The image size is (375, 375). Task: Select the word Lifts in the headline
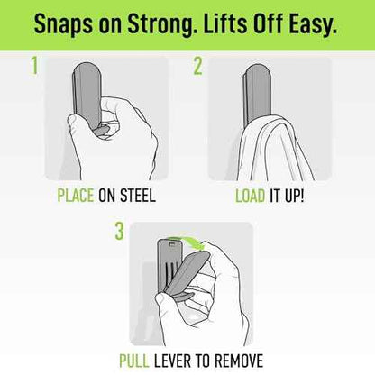[224, 23]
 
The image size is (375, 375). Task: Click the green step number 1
[34, 66]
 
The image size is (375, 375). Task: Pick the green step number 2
[197, 66]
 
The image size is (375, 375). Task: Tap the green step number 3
[119, 231]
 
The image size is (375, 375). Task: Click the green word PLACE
[76, 196]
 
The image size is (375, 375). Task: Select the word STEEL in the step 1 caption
[138, 196]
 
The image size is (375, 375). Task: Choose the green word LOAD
[250, 196]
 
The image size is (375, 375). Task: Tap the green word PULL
[134, 361]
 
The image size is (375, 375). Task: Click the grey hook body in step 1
[87, 93]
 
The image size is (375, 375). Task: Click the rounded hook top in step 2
[257, 72]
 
